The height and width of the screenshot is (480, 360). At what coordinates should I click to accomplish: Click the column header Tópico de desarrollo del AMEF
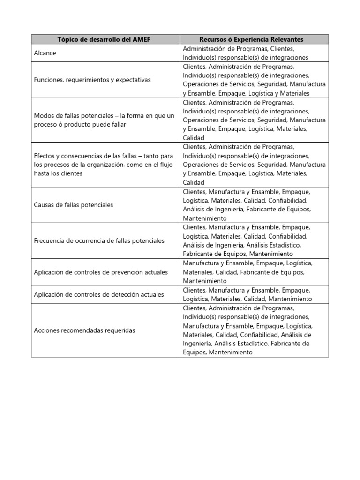pyautogui.click(x=105, y=39)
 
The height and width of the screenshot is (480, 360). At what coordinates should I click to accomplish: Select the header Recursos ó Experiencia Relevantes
pyautogui.click(x=254, y=39)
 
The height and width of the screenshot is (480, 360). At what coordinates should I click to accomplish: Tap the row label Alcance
pyautogui.click(x=45, y=53)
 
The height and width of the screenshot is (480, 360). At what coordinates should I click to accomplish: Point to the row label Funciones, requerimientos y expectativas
pyautogui.click(x=92, y=80)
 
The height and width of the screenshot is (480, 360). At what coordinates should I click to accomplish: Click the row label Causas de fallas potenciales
pyautogui.click(x=74, y=205)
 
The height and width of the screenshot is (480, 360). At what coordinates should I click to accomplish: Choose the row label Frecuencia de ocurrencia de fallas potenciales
pyautogui.click(x=99, y=240)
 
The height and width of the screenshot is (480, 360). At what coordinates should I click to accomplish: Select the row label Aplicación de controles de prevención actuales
pyautogui.click(x=101, y=272)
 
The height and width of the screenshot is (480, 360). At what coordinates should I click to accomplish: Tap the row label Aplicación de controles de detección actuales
pyautogui.click(x=99, y=294)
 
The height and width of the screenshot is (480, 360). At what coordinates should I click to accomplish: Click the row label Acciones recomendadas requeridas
pyautogui.click(x=84, y=330)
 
